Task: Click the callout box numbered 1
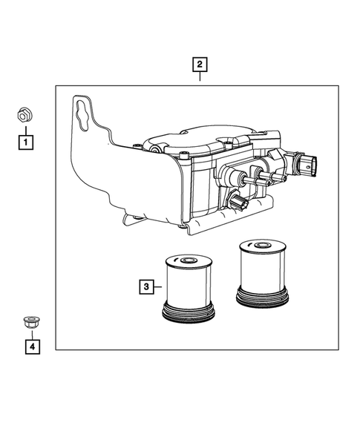(25, 139)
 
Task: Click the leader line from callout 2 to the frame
(198, 78)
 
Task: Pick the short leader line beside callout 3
(157, 284)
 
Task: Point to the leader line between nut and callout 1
(25, 128)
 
